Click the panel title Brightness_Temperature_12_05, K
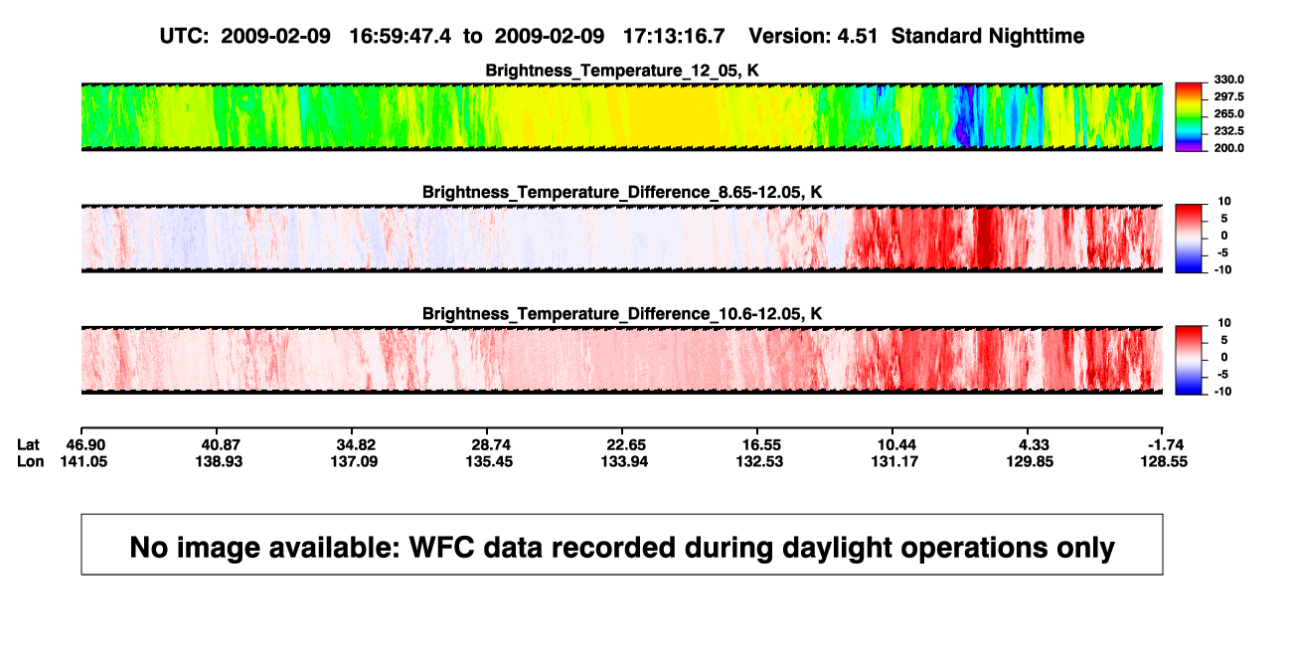tap(622, 71)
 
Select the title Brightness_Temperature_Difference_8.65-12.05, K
tap(622, 192)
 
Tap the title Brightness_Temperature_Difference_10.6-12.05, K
tap(622, 314)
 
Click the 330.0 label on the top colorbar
tap(1228, 80)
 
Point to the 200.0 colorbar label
tap(1228, 148)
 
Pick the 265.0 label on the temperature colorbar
tap(1228, 113)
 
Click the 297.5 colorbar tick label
tap(1228, 96)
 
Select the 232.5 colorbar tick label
tap(1228, 131)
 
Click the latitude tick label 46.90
tap(85, 445)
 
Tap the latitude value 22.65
tap(626, 445)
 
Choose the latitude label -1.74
tap(1166, 445)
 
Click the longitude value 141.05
tap(83, 461)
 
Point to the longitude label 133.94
tap(624, 461)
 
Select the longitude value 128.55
tap(1164, 461)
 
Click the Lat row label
tap(28, 445)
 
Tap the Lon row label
tap(31, 461)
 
